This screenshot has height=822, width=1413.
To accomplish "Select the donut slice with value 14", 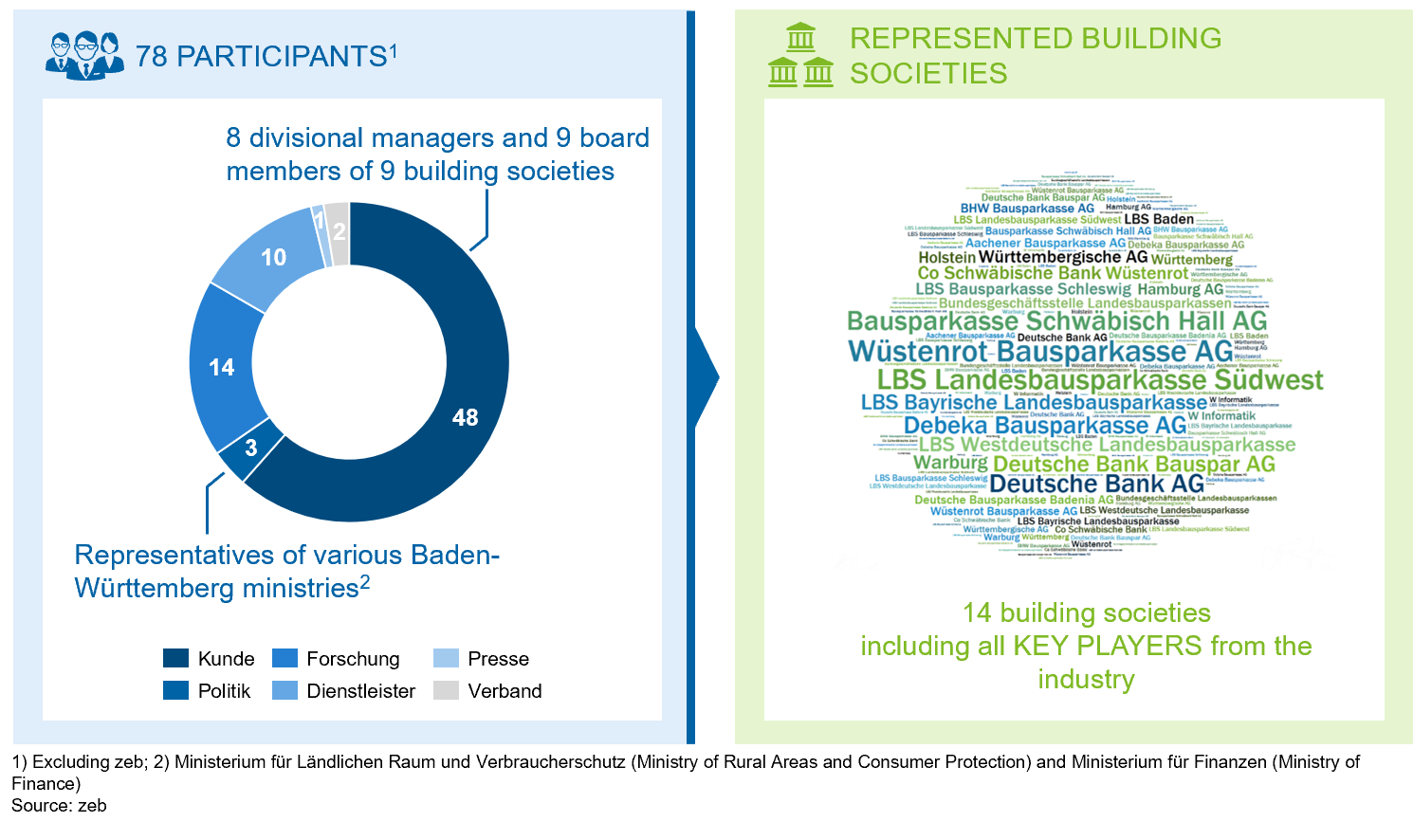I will pyautogui.click(x=222, y=367).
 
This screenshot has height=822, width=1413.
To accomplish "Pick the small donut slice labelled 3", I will pyautogui.click(x=251, y=448).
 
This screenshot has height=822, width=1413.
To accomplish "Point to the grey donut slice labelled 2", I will pyautogui.click(x=339, y=230).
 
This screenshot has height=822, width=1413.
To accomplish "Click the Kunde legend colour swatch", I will pyautogui.click(x=175, y=658).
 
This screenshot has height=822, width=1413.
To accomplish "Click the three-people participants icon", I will pyautogui.click(x=84, y=55).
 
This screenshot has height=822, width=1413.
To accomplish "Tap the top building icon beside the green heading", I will pyautogui.click(x=800, y=37).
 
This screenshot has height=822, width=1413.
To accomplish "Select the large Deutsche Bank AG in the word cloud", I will pyautogui.click(x=1096, y=484).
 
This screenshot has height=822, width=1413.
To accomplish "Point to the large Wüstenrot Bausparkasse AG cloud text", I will pyautogui.click(x=1040, y=352).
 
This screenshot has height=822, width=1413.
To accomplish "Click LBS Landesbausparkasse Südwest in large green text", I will pyautogui.click(x=1100, y=380).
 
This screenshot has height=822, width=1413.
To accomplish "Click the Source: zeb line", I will pyautogui.click(x=59, y=805).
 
